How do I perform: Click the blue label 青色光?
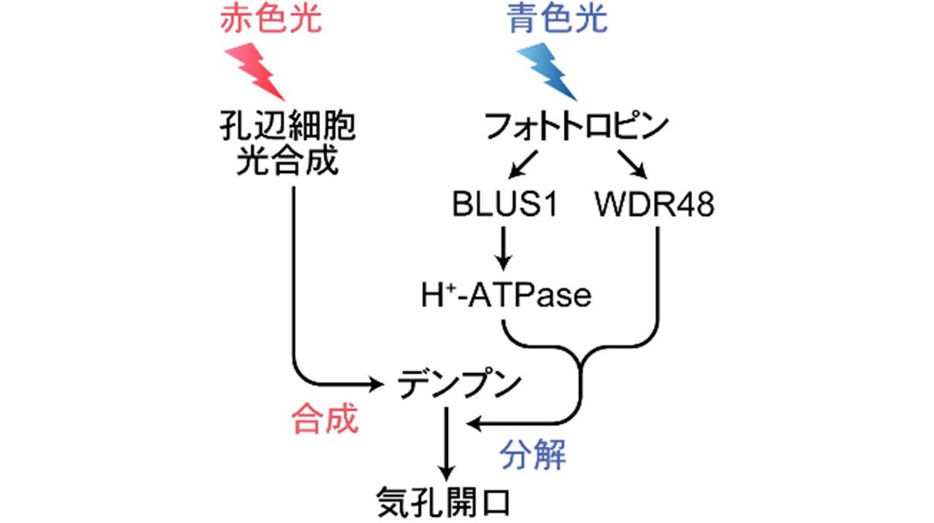(x=558, y=20)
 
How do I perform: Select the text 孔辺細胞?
(x=287, y=128)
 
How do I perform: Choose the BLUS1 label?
(x=504, y=206)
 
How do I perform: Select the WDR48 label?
(x=654, y=206)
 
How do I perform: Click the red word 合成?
(x=324, y=420)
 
